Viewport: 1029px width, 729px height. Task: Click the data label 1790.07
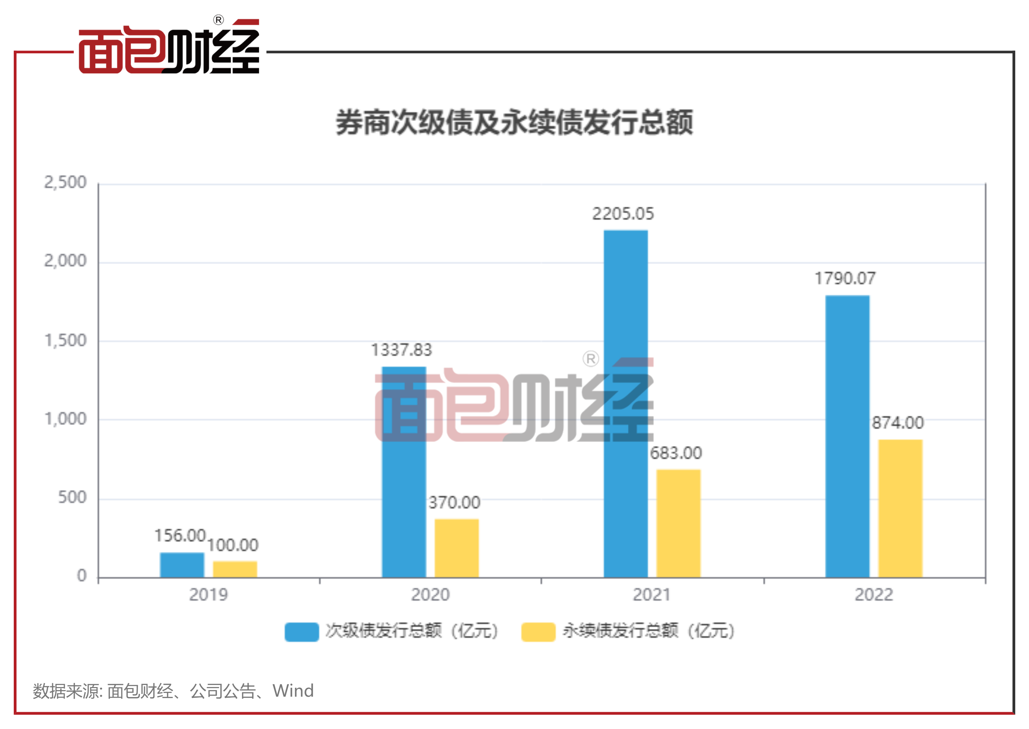pyautogui.click(x=845, y=279)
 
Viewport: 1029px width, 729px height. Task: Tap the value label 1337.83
pyautogui.click(x=401, y=350)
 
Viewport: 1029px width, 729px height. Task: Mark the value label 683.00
pyautogui.click(x=676, y=453)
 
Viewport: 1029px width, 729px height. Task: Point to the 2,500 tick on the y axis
pyautogui.click(x=65, y=183)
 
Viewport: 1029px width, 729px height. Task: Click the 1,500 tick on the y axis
pyautogui.click(x=65, y=341)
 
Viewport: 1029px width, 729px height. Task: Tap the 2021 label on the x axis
pyautogui.click(x=651, y=595)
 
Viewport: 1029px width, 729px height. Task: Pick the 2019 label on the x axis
pyautogui.click(x=208, y=595)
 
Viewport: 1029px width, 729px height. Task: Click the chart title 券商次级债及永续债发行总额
pyautogui.click(x=514, y=122)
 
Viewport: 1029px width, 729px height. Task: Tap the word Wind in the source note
pyautogui.click(x=293, y=691)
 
